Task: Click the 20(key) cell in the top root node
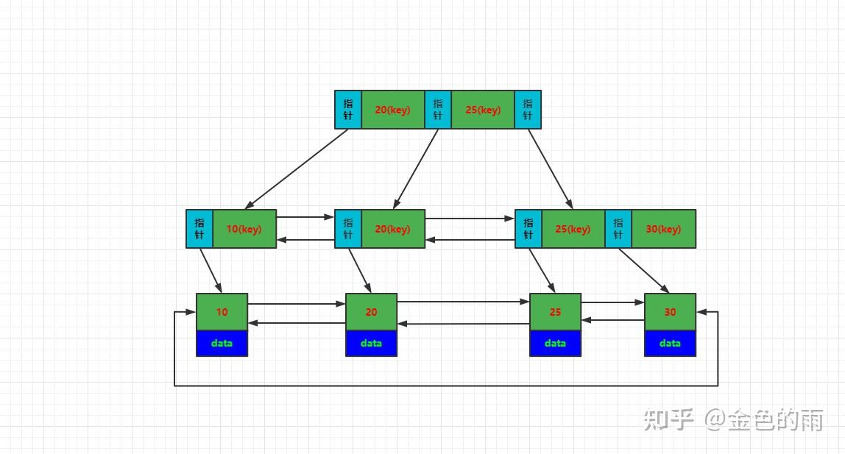(392, 110)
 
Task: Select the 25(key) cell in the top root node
(482, 110)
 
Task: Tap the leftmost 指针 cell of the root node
(348, 110)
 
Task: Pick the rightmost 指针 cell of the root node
(528, 110)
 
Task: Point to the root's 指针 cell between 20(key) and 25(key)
(438, 110)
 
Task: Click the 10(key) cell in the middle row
(244, 229)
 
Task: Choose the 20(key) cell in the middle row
(392, 229)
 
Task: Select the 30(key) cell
(663, 229)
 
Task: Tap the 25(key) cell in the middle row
(573, 229)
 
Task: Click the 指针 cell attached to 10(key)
(199, 229)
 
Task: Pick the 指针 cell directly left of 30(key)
(618, 229)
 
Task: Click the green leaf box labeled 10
(222, 312)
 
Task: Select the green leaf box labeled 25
(555, 312)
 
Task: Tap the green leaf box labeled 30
(670, 312)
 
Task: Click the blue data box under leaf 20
(371, 343)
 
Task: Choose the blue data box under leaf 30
(670, 343)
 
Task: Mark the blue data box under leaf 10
(222, 343)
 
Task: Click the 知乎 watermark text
(668, 419)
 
